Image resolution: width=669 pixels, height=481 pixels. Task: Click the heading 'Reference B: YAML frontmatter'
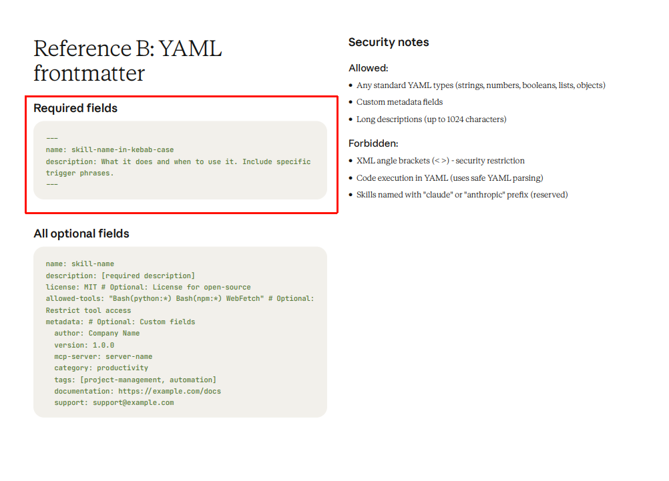coord(128,61)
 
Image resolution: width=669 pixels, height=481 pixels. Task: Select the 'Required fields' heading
coord(75,108)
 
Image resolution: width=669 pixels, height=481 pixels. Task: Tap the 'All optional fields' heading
coord(81,233)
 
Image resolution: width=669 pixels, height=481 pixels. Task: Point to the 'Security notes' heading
coord(389,42)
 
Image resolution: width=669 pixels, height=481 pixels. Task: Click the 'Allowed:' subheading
coord(368,68)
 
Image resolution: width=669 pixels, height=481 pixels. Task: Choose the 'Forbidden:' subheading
coord(373,143)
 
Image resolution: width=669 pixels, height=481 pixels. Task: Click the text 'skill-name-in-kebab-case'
coord(122,150)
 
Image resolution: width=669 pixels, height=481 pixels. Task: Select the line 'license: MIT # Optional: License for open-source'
coord(148,287)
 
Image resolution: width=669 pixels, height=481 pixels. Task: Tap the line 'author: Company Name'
coord(97,334)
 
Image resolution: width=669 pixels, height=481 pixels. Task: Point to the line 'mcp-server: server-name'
coord(103,356)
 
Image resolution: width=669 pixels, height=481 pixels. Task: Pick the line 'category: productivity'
coord(101,368)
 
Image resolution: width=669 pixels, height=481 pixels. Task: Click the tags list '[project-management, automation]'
coord(152,380)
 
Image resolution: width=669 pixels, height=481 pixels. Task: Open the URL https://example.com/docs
coord(170,391)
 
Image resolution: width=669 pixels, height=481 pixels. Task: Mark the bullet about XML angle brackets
coord(440,161)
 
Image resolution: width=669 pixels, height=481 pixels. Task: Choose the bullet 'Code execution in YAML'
coord(449,178)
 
